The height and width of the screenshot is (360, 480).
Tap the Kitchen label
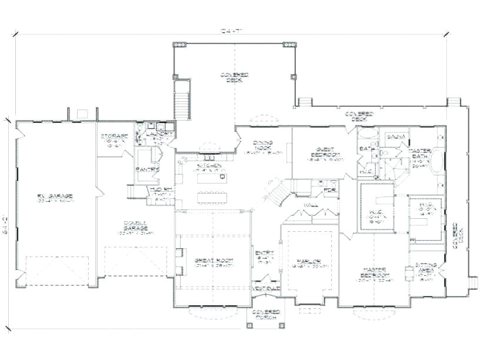(210, 166)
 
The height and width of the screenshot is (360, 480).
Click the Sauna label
(394, 136)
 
